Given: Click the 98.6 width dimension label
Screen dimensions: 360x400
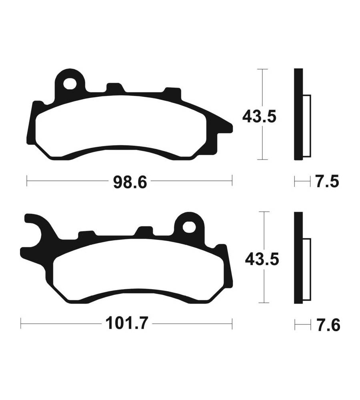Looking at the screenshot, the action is (x=130, y=182).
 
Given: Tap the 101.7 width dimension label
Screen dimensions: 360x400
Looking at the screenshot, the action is (x=126, y=324).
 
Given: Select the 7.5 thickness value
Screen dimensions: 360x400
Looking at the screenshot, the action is (x=327, y=182).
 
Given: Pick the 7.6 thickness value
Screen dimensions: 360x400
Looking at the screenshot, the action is (x=329, y=325).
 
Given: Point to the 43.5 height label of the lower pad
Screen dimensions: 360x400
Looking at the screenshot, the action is (x=262, y=260).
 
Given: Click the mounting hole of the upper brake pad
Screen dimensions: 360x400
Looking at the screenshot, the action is (x=70, y=84).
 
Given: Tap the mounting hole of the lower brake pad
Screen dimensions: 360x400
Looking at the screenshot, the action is (x=189, y=227).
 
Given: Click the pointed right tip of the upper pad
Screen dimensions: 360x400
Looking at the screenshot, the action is (x=232, y=127).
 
